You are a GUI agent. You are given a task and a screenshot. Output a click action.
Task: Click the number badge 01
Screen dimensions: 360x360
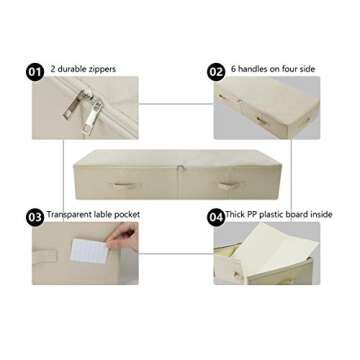[35, 70]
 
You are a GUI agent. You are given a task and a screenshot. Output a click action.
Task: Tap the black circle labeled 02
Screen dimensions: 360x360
[215, 71]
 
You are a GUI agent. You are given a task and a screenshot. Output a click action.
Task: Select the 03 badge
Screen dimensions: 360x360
[35, 215]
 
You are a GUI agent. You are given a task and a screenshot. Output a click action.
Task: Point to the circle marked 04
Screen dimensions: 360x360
[215, 216]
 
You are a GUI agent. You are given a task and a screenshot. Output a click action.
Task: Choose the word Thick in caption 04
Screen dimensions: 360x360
[235, 215]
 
